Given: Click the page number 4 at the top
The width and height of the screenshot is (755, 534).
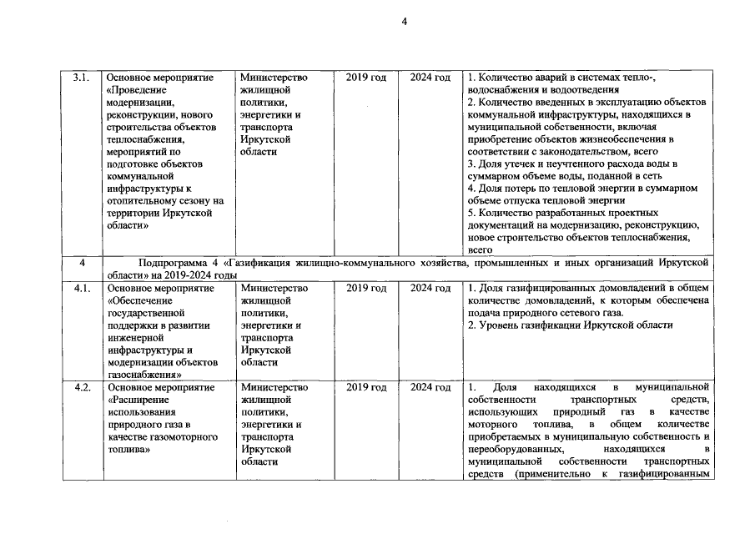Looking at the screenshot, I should [405, 23].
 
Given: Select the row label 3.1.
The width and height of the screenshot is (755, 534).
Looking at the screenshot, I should [82, 78].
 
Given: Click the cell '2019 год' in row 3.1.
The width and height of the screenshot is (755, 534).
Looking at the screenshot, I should [366, 78].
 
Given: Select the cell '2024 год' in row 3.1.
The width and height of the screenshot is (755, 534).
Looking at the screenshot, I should [430, 78].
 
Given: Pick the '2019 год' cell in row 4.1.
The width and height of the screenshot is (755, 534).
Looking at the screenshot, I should [366, 288].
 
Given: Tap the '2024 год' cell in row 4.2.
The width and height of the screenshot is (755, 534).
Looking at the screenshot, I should [430, 388].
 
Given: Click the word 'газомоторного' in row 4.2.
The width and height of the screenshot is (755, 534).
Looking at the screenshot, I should [182, 437].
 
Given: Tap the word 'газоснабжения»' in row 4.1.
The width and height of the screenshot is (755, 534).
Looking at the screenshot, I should [144, 375].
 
